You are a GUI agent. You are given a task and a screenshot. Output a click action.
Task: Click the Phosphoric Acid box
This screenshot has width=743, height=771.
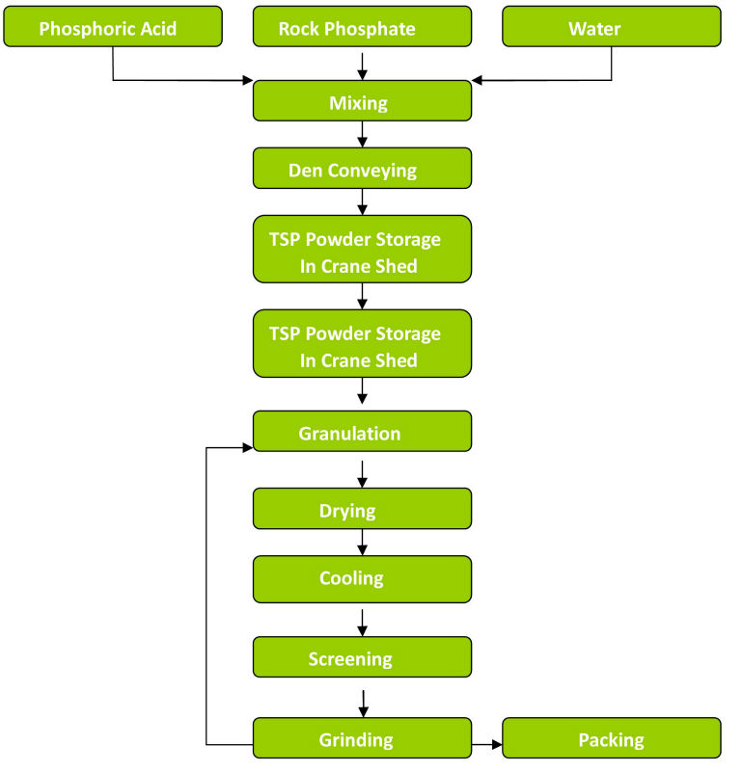click(113, 27)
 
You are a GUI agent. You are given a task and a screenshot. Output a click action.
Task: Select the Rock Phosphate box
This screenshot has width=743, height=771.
click(362, 27)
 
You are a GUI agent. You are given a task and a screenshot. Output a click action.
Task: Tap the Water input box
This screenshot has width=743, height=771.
click(612, 27)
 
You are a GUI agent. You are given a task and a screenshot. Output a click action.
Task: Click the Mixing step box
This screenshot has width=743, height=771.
click(362, 101)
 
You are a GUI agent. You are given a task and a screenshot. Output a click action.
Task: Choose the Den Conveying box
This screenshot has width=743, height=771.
click(362, 169)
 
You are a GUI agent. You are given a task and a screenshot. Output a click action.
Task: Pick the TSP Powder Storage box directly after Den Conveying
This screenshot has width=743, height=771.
click(362, 250)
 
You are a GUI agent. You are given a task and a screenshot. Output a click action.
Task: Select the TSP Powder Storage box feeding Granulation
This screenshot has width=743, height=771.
click(362, 344)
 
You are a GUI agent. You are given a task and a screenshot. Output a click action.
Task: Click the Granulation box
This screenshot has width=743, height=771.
click(362, 432)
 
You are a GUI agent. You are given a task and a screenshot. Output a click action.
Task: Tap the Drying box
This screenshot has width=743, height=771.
click(362, 509)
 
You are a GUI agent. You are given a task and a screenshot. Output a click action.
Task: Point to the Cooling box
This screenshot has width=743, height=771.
click(362, 579)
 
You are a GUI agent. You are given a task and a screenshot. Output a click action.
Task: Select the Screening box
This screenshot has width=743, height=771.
click(362, 657)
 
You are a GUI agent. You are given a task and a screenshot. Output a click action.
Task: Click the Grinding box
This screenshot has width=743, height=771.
click(362, 739)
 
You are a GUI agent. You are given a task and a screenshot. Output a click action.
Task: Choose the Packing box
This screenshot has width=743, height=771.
click(612, 738)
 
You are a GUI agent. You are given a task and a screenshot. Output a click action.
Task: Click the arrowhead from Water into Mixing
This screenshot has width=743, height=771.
click(479, 80)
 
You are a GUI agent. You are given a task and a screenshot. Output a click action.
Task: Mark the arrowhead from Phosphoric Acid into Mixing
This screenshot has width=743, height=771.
click(246, 80)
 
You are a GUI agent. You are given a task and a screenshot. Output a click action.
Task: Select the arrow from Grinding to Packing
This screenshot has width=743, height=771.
click(487, 744)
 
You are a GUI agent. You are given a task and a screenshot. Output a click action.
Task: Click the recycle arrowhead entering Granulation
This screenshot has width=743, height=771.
click(246, 447)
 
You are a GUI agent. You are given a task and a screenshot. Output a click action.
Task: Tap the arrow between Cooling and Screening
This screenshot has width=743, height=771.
click(362, 621)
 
